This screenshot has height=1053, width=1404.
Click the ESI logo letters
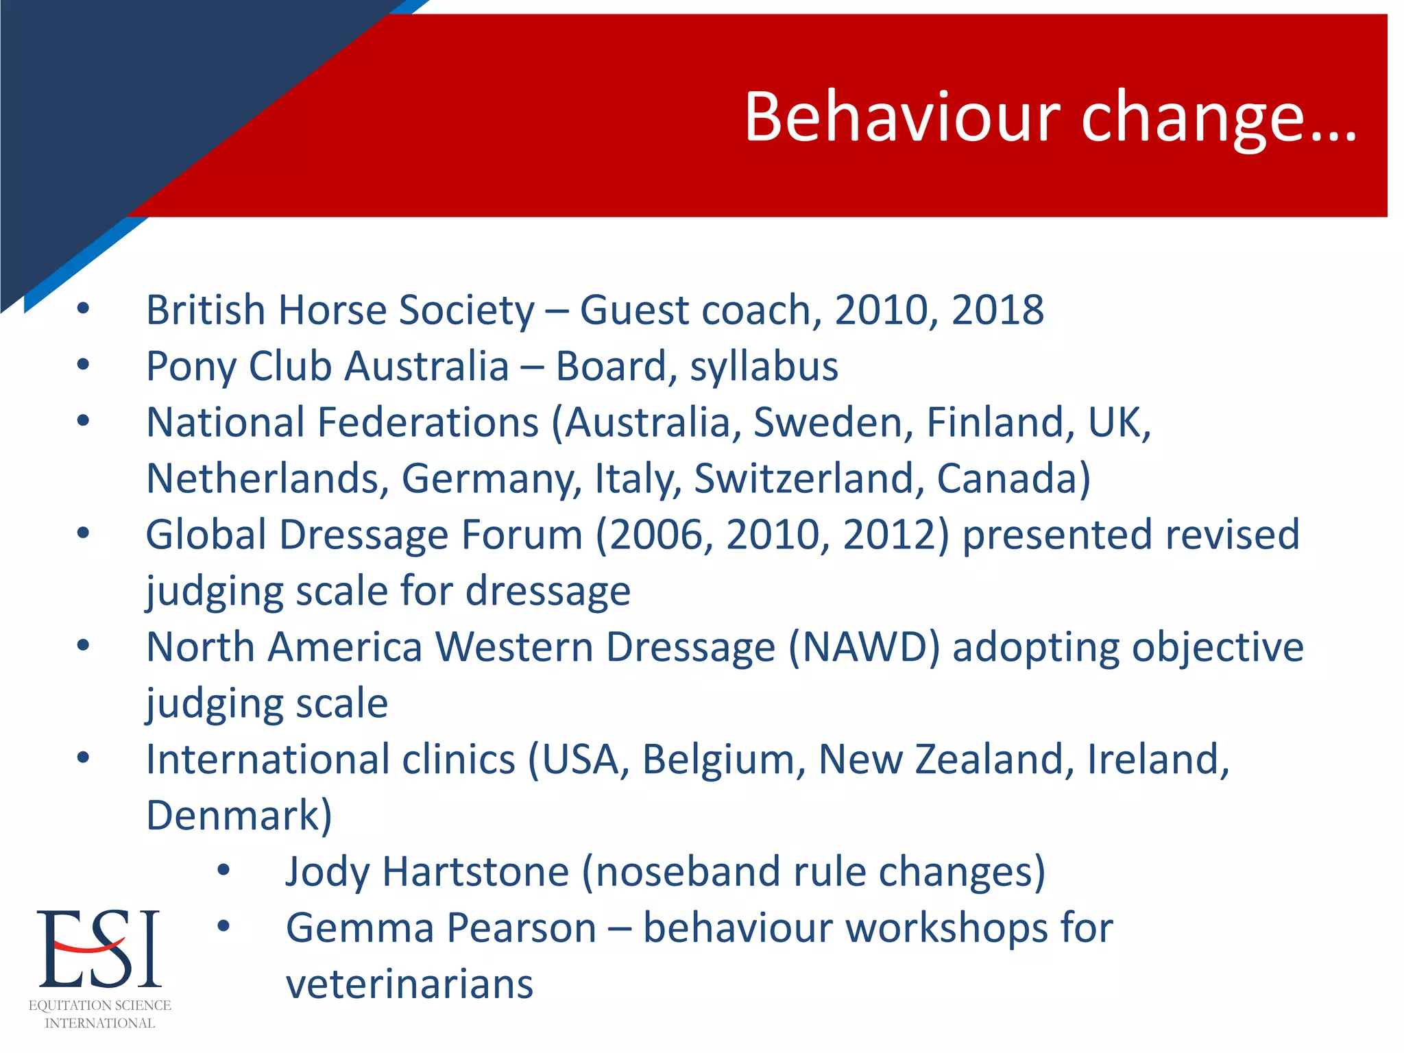coord(99,949)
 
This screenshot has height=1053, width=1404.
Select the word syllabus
coord(764,367)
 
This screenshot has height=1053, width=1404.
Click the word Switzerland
coord(805,479)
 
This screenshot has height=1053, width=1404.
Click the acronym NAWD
coord(864,647)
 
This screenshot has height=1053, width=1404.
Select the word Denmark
coord(233,816)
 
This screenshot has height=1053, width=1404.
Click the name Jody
coord(326,872)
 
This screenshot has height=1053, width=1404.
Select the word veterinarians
coord(409,984)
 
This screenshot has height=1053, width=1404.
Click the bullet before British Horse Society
coord(83,309)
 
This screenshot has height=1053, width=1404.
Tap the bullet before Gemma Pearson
coord(223,927)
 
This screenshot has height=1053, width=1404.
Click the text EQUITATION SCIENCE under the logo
coord(100,1006)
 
